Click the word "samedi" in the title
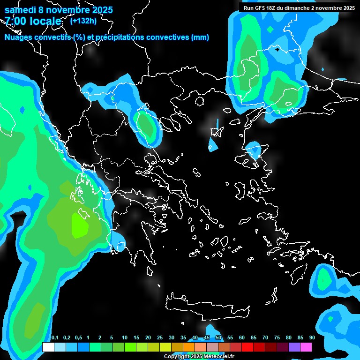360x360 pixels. [x=20, y=10]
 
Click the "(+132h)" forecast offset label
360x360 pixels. [x=83, y=21]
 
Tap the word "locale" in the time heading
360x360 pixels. [x=44, y=21]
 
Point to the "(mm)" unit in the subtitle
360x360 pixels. [x=200, y=37]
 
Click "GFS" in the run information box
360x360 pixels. [x=262, y=8]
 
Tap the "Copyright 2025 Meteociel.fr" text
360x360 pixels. [x=199, y=357]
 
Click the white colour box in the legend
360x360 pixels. [x=48, y=347]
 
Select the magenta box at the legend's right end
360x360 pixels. [x=306, y=347]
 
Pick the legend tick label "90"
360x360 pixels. [x=312, y=338]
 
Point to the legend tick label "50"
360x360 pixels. [x=218, y=338]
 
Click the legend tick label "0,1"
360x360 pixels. [x=54, y=338]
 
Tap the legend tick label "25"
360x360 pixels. [x=160, y=338]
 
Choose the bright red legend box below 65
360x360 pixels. [x=247, y=347]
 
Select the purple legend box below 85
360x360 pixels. [x=294, y=347]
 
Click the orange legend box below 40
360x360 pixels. [x=189, y=347]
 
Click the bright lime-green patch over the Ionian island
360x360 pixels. [x=79, y=225]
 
